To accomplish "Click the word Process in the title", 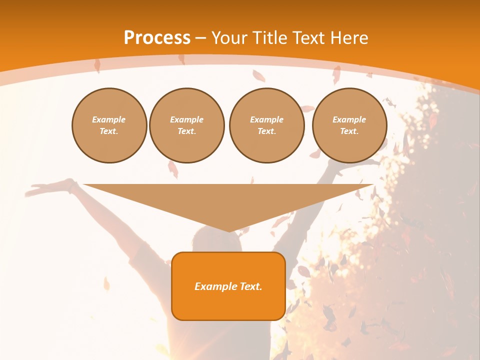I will tap(157, 38).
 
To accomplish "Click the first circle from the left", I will tap(109, 125).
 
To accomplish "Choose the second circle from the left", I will tap(187, 125).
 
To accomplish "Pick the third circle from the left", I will tap(267, 125).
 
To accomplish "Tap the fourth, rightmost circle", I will tap(349, 125).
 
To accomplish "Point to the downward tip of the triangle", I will tap(229, 231).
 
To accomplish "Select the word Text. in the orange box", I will tap(251, 286).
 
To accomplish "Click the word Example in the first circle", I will tap(109, 119).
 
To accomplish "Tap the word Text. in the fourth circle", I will tap(349, 131).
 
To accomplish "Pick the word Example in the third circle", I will tap(267, 119).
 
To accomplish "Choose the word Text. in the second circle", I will tap(187, 131).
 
